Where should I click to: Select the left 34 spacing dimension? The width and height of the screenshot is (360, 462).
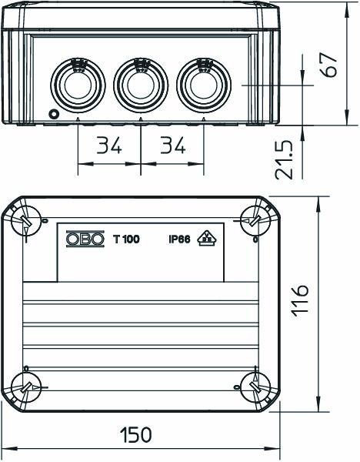[110, 145]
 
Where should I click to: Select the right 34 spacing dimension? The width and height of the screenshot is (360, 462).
[173, 145]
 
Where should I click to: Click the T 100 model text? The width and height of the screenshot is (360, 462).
[126, 239]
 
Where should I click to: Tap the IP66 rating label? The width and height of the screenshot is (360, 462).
[180, 239]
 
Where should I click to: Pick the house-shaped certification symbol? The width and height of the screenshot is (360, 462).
[206, 239]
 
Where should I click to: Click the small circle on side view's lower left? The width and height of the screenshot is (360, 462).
[53, 115]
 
